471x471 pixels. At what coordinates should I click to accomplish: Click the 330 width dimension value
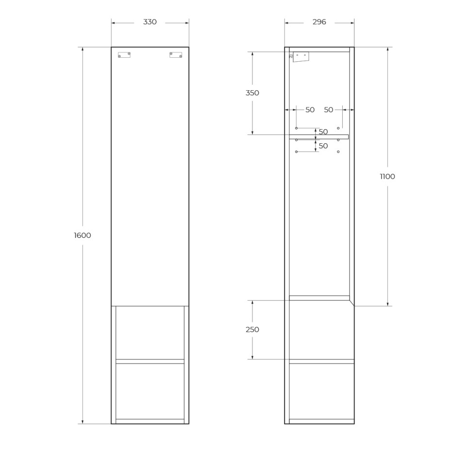(x=150, y=22)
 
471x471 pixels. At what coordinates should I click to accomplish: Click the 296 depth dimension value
(x=319, y=22)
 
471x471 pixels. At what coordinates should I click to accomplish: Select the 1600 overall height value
(x=83, y=235)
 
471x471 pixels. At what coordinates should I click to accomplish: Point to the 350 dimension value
(x=252, y=93)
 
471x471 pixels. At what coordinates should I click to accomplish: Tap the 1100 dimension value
(x=387, y=177)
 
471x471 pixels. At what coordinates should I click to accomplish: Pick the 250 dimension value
(x=252, y=330)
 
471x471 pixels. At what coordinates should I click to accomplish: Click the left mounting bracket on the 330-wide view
(x=124, y=55)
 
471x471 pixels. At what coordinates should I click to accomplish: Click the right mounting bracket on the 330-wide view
(x=176, y=55)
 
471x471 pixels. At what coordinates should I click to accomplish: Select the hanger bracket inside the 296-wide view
(x=301, y=57)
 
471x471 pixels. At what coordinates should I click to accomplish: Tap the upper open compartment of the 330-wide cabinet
(x=150, y=333)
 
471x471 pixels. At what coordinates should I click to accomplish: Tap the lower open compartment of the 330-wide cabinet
(x=150, y=391)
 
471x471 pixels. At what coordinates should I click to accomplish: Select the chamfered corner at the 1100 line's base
(x=352, y=303)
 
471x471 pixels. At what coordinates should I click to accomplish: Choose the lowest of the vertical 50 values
(x=323, y=146)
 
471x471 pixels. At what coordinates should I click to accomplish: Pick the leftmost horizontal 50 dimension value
(x=310, y=110)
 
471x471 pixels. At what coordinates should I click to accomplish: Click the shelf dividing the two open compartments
(x=150, y=361)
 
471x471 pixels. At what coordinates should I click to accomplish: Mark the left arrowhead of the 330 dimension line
(x=114, y=22)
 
